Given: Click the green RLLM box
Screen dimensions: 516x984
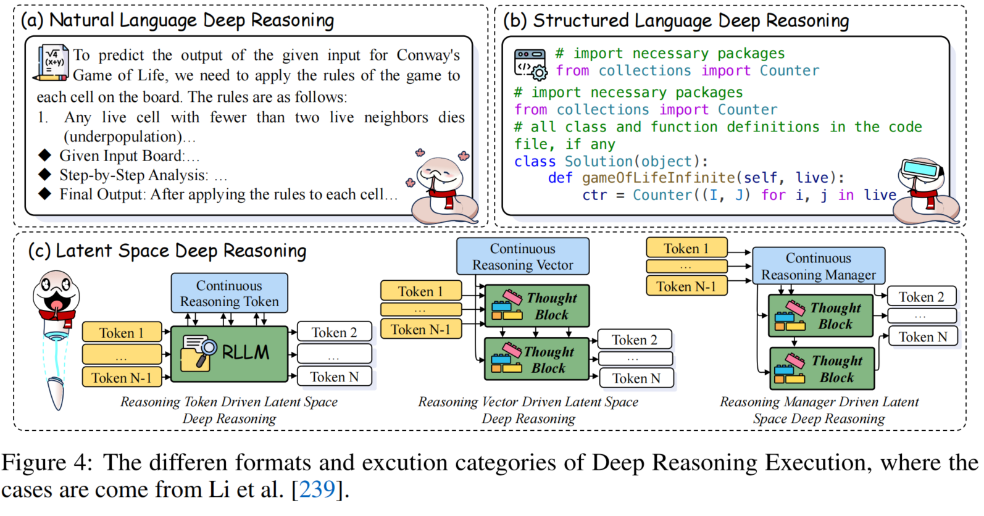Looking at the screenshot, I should click(229, 354).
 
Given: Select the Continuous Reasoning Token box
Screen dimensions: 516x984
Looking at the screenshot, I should click(229, 293).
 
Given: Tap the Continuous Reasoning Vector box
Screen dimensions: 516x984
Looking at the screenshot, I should click(523, 257).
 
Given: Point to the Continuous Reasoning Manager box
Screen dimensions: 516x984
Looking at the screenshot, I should click(818, 266).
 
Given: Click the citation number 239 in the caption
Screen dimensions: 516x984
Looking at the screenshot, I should click(317, 489).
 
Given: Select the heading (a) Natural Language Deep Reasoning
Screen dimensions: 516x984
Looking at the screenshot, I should click(178, 20).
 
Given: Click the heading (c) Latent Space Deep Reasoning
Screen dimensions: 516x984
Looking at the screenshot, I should click(167, 251).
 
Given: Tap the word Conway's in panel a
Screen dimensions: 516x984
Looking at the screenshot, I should click(428, 55).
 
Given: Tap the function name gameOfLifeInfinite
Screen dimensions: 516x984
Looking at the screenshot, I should click(658, 178).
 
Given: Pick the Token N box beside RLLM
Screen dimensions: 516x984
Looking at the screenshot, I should click(334, 377).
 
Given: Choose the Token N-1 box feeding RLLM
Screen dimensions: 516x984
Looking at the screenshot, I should click(122, 377).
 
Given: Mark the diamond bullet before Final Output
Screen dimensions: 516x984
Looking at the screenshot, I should click(44, 194).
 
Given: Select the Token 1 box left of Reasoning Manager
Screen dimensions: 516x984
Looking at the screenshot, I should click(686, 248).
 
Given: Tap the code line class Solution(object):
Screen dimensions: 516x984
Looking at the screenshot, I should click(611, 161).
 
